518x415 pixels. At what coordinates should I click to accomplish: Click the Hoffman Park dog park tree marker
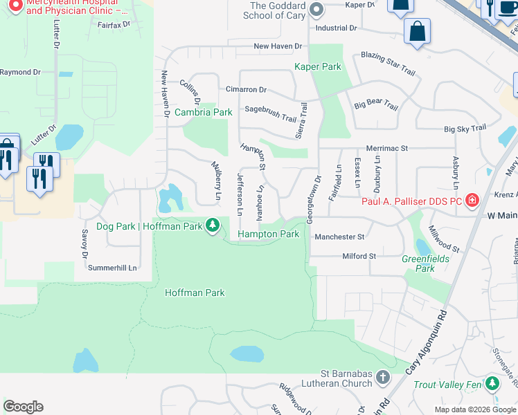tap(213, 225)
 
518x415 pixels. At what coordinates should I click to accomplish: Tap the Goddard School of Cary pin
tap(317, 10)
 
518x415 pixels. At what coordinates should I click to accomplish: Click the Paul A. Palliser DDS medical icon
tap(472, 201)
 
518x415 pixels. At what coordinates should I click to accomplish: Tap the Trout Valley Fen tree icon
tap(492, 383)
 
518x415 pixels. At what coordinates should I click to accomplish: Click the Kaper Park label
tap(318, 67)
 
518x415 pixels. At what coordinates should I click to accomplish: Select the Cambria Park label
tap(203, 112)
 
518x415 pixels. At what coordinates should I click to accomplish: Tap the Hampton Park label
tap(269, 234)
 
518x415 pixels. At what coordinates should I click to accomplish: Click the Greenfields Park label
tap(418, 264)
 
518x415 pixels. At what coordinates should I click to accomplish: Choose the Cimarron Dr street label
tap(246, 90)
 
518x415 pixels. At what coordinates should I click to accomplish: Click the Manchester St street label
tap(339, 237)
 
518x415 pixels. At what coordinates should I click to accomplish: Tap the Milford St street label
tap(359, 256)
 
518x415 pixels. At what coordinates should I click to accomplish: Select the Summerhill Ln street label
tap(113, 268)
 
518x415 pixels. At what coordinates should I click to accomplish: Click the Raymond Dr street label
tap(21, 72)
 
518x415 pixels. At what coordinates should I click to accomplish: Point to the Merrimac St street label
tap(386, 148)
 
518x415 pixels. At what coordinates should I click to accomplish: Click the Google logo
tap(23, 407)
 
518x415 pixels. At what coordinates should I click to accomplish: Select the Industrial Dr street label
tap(335, 28)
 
